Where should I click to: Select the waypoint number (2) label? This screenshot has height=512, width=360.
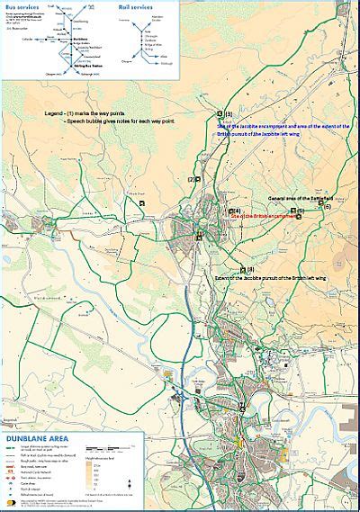point(192,179)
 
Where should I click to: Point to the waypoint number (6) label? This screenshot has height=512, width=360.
point(327,206)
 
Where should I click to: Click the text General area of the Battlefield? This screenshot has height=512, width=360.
point(301,198)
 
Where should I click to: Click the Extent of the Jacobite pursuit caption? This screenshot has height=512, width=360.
point(278,278)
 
